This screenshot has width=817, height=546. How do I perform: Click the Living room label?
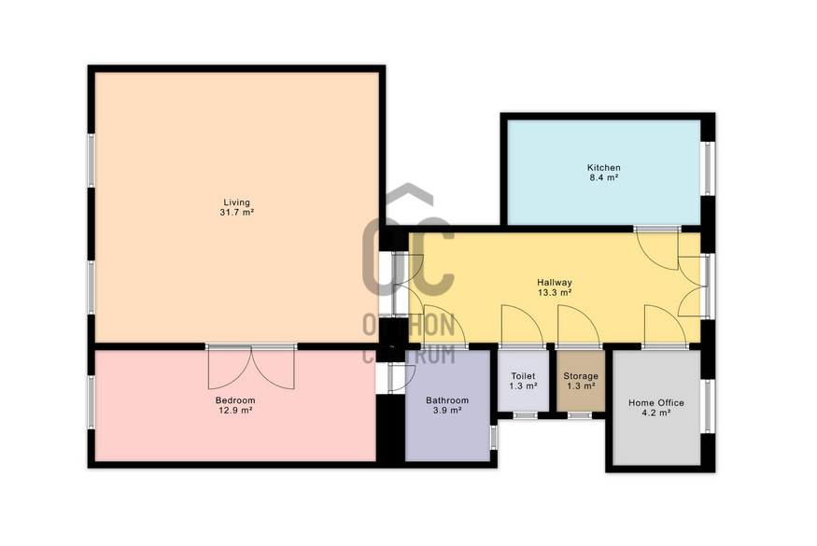click(236, 203)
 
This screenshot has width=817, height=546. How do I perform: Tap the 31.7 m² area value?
click(236, 213)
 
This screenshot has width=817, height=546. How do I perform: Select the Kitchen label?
click(604, 168)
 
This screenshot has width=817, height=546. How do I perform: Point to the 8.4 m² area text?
click(604, 177)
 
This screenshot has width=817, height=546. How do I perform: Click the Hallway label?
click(555, 283)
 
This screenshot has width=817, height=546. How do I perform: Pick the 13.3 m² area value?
click(555, 293)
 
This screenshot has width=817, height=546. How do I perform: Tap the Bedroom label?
click(235, 400)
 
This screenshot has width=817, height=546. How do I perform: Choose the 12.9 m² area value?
click(235, 411)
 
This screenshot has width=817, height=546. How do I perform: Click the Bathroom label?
click(447, 400)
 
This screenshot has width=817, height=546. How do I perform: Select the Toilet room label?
click(523, 376)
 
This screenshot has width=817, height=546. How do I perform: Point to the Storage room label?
click(581, 376)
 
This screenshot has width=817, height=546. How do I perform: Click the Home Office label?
click(656, 402)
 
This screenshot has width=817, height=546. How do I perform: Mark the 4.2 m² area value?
click(656, 413)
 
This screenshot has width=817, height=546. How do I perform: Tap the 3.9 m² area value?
click(447, 411)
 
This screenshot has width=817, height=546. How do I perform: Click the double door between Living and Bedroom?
click(251, 367)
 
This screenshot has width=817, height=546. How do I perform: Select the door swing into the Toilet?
click(522, 327)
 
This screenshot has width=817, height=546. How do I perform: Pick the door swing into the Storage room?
click(578, 327)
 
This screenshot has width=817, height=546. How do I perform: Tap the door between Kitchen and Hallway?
click(657, 248)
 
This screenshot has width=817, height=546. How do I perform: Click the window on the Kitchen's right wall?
click(708, 168)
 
